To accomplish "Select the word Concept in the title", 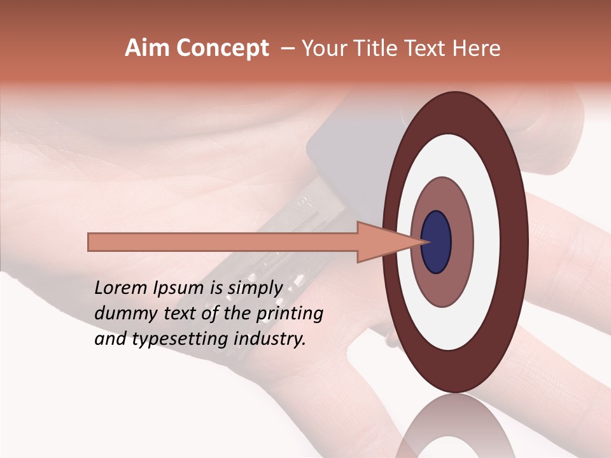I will [x=222, y=48].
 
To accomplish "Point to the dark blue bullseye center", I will [x=437, y=242].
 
